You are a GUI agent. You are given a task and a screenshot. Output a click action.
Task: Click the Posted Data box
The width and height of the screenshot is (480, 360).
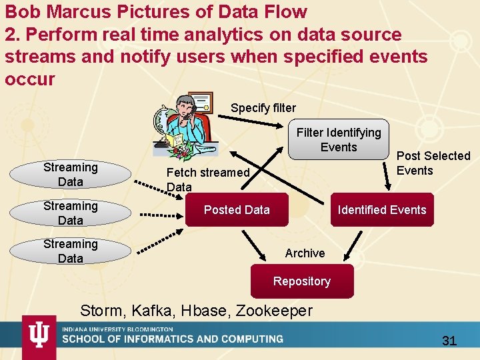[x=237, y=210]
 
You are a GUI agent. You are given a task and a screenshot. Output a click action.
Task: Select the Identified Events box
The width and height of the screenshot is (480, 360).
[x=381, y=210]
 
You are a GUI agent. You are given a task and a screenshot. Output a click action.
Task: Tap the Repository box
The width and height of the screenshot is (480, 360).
[x=301, y=281]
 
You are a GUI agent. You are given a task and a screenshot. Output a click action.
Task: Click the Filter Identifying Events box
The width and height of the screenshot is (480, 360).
[x=339, y=140]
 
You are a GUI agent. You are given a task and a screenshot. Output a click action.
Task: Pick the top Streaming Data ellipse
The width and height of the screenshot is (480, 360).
[x=70, y=174]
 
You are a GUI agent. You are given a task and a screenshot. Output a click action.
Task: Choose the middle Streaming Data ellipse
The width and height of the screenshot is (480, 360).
[x=70, y=213]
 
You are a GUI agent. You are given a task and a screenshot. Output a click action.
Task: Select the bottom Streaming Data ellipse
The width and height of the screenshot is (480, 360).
[x=70, y=251]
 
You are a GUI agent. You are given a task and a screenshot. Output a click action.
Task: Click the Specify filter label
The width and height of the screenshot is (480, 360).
[x=263, y=108]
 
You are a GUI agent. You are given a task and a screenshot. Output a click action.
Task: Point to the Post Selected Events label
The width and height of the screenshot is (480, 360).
[x=433, y=163]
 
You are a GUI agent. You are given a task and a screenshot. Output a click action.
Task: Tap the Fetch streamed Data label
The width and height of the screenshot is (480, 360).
[x=207, y=179]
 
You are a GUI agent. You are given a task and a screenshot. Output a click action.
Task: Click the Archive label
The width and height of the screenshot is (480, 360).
[x=305, y=253]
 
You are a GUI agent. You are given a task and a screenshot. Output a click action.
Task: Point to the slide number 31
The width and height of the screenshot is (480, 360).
[x=449, y=341]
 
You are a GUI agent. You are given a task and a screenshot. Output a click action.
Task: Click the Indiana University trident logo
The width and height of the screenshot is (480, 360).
[x=39, y=337]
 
